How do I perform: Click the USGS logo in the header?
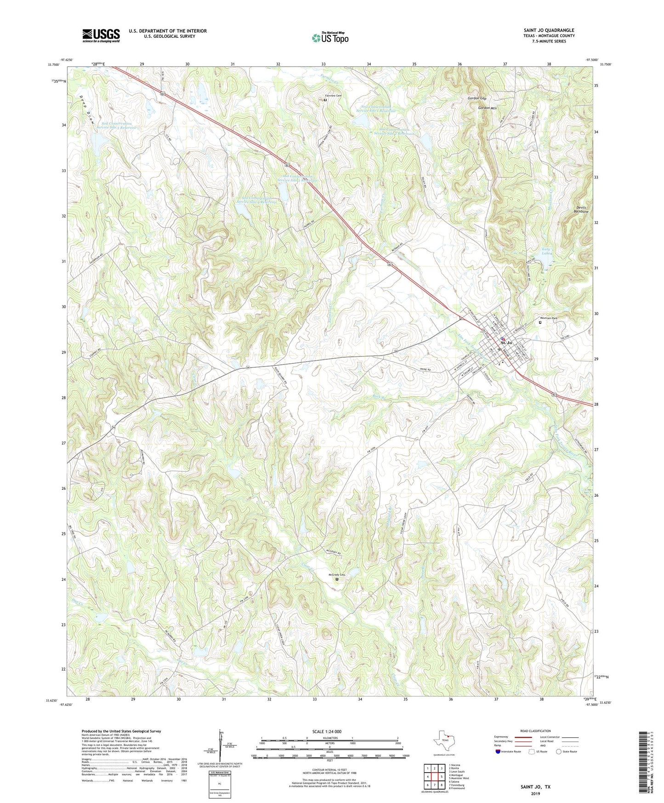tap(101, 35)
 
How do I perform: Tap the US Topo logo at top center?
tap(330, 38)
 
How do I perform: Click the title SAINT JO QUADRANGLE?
tap(549, 30)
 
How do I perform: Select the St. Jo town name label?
tap(506, 343)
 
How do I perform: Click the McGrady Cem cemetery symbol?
tap(336, 579)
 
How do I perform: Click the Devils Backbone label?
tap(582, 210)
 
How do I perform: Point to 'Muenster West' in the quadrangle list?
tap(460, 778)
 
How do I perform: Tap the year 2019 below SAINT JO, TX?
tap(535, 793)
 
